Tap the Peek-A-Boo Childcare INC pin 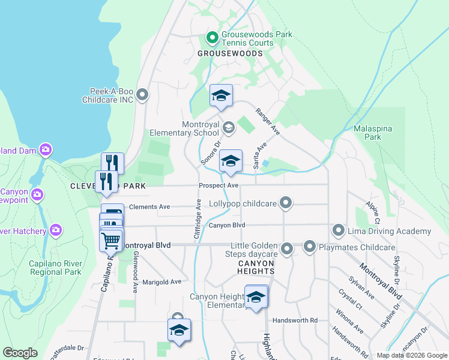coord(142,95)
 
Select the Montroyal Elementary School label coord(200,128)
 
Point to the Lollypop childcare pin coord(286,203)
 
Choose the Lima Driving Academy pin coord(339,230)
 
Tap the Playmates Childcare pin coord(310,247)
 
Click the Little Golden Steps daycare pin coord(287,248)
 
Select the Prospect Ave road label coord(219,186)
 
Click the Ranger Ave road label coord(267,121)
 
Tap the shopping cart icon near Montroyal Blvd coord(111,241)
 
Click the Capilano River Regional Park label coord(55,268)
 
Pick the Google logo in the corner coord(20,353)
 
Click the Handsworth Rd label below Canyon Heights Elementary coord(294,320)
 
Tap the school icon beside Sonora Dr coord(231,161)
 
